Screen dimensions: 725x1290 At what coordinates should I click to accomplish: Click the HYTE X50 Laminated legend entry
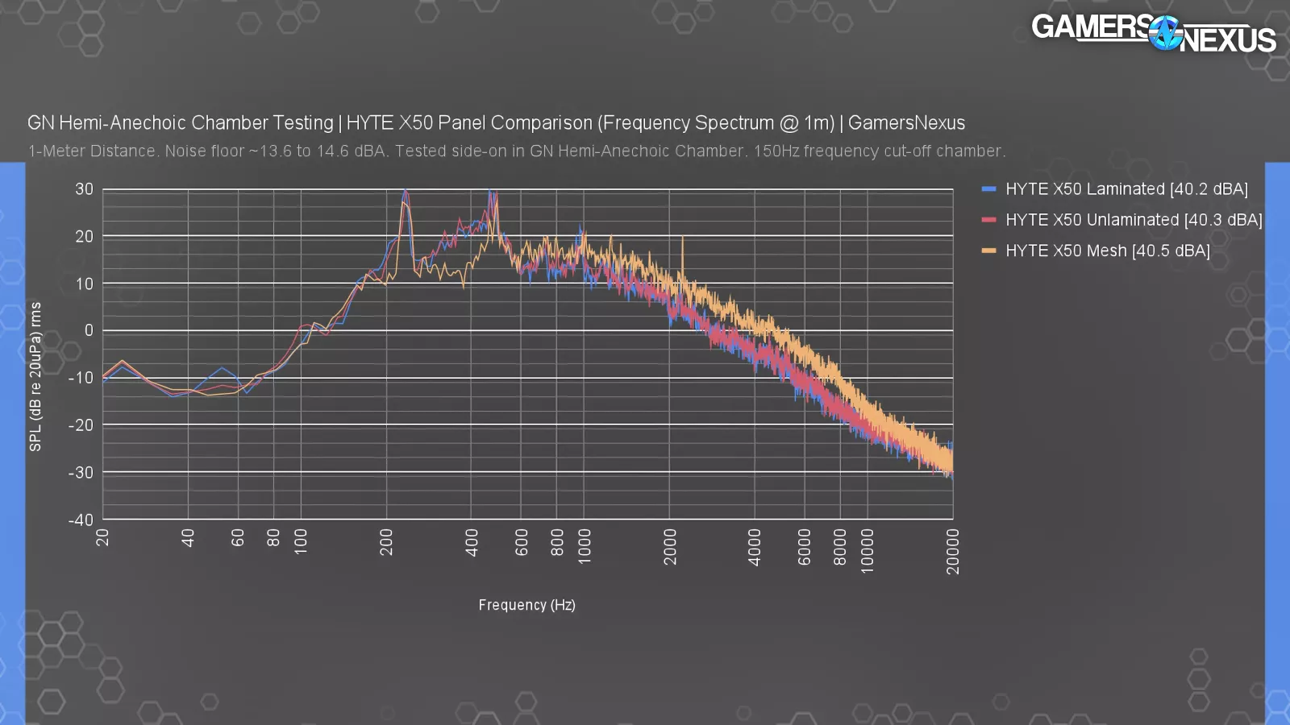click(1126, 189)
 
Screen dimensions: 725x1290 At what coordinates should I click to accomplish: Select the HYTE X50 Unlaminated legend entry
click(1133, 220)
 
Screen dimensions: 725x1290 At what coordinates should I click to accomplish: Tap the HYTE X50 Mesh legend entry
click(1107, 251)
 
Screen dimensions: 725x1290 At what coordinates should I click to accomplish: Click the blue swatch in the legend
click(988, 189)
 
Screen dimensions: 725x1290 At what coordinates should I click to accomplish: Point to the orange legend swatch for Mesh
click(988, 251)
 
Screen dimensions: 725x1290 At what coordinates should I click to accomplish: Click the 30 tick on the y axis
click(85, 189)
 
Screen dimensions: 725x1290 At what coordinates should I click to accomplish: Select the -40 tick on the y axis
click(81, 520)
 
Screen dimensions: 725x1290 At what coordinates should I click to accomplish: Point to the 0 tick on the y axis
click(89, 330)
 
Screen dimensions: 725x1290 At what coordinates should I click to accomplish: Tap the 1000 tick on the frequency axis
click(585, 546)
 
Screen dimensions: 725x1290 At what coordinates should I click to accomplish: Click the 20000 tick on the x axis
click(953, 551)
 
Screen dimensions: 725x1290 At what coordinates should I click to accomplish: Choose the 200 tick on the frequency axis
click(386, 542)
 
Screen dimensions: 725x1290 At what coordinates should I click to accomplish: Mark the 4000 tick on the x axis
click(755, 547)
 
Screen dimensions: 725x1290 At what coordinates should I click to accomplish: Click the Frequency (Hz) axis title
click(526, 605)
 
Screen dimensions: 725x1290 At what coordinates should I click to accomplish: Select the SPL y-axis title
click(35, 376)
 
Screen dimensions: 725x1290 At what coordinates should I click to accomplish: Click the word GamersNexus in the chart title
click(906, 122)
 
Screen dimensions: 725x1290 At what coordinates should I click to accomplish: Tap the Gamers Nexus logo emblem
click(1165, 33)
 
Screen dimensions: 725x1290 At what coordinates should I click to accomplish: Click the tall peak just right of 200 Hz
click(406, 193)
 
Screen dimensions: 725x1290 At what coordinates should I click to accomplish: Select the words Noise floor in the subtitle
click(204, 151)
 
